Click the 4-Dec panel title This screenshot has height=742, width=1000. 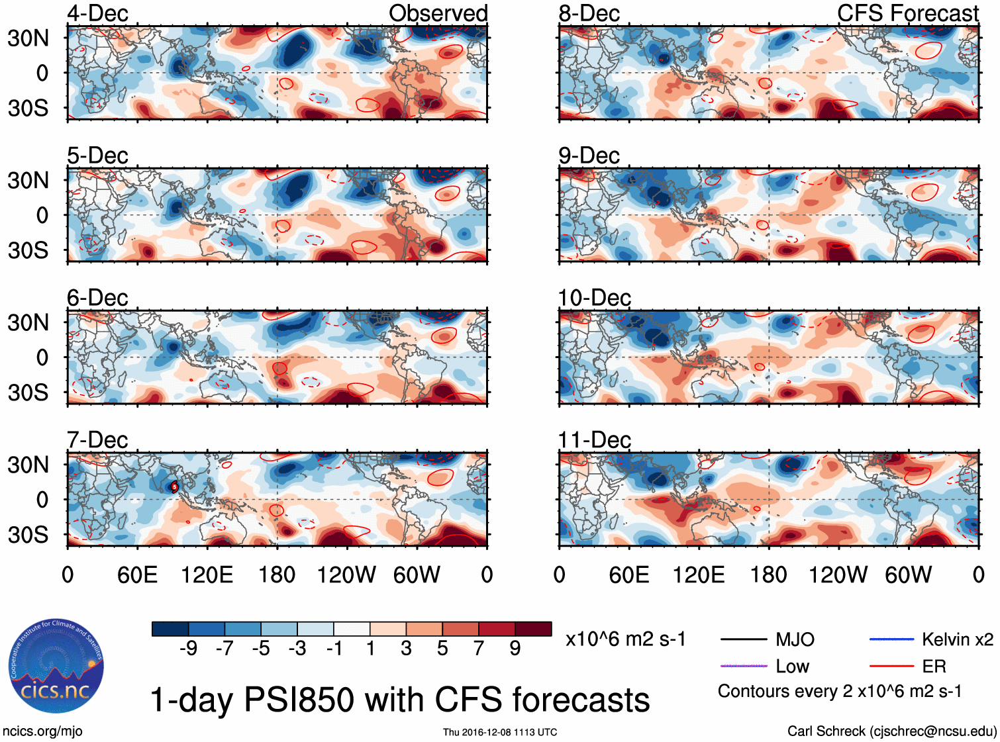(97, 13)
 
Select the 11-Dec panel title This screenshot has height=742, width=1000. (594, 440)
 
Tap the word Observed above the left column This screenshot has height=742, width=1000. (438, 13)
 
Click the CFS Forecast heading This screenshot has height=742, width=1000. (907, 13)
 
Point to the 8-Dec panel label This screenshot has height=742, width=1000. (589, 13)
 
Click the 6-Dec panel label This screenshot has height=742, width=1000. (97, 298)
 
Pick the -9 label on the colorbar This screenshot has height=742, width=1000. (188, 648)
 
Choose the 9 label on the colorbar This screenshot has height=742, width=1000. (515, 648)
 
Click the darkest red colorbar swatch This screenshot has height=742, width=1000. (533, 629)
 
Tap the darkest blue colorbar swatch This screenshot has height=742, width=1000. (170, 629)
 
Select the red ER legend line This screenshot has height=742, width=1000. (891, 666)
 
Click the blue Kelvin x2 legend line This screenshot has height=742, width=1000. (891, 639)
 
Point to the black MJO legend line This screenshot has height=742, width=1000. (743, 639)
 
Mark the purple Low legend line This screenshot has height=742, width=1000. (743, 666)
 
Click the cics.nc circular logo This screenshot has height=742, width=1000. (56, 666)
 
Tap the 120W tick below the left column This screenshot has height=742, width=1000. (346, 575)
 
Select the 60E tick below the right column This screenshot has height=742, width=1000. (628, 575)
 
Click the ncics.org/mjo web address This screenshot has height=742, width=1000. (42, 731)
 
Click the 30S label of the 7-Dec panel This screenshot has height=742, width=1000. (28, 535)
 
